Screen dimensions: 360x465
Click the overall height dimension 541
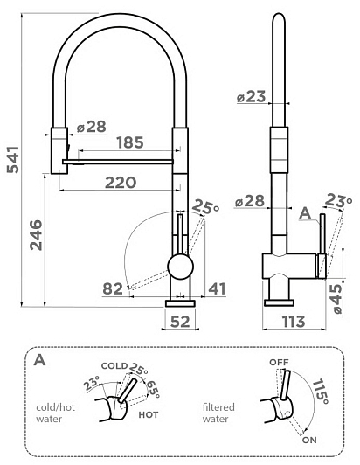13,160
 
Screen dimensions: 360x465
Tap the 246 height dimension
36,235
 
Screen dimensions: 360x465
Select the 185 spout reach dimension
130,142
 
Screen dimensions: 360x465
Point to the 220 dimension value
121,183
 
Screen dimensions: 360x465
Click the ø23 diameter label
251,96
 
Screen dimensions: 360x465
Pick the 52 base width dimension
180,321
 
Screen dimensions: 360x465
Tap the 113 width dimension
294,321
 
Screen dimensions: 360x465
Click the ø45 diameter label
337,299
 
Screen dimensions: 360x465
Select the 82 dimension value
113,288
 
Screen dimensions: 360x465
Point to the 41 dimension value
217,288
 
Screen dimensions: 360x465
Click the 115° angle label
321,392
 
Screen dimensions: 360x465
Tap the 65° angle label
153,389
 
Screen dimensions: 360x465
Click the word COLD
114,366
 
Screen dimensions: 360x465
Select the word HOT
149,414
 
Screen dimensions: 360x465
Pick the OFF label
279,362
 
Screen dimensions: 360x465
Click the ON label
309,440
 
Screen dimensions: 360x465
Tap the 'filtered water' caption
218,413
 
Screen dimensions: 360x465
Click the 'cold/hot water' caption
55,413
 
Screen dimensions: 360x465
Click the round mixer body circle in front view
180,267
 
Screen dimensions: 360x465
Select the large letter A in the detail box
39,360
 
